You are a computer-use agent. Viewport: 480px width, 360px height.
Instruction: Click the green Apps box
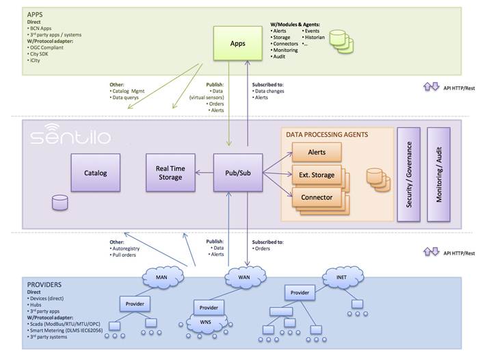tap(238, 43)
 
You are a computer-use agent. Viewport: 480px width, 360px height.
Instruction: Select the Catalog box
tap(96, 173)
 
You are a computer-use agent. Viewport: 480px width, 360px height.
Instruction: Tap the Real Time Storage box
tap(170, 172)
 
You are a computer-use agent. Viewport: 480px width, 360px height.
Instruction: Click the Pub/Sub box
tap(237, 172)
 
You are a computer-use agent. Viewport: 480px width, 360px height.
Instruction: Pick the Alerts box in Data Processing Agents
tap(316, 152)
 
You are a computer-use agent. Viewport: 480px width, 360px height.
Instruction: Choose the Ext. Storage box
tap(316, 175)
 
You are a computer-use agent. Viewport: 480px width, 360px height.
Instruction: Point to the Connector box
tap(316, 197)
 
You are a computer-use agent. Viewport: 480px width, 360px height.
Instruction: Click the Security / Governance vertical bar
tap(408, 174)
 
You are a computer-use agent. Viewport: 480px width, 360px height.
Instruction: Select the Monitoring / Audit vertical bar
tap(438, 174)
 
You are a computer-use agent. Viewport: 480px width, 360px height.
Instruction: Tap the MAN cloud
tap(163, 278)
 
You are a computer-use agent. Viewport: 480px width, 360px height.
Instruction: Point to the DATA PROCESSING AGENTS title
tap(327, 135)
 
